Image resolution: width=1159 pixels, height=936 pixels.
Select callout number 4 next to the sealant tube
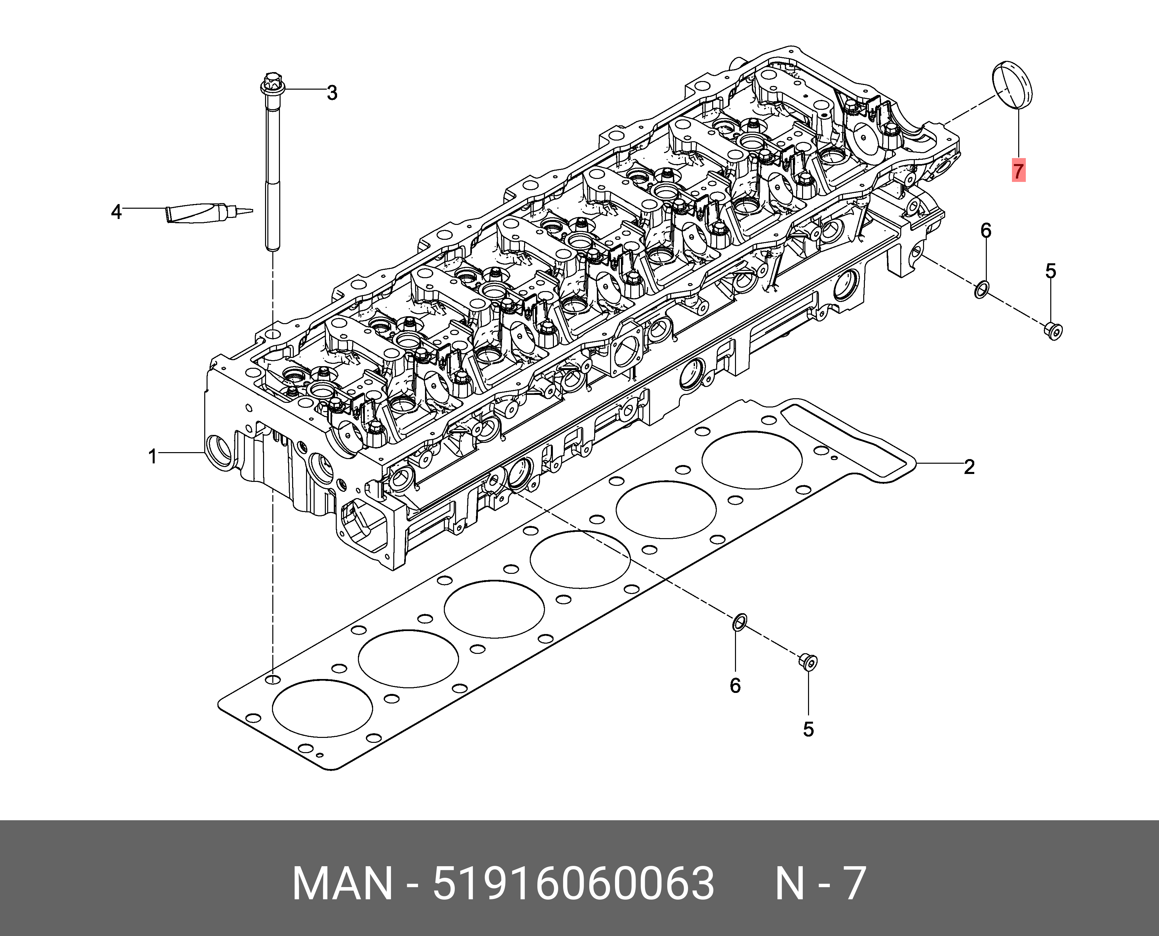click(116, 212)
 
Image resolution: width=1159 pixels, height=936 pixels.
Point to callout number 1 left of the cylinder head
click(153, 457)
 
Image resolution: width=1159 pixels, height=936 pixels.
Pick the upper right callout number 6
click(985, 231)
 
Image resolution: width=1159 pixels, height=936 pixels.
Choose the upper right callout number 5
click(1051, 271)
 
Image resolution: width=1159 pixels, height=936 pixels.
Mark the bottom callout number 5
click(808, 729)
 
